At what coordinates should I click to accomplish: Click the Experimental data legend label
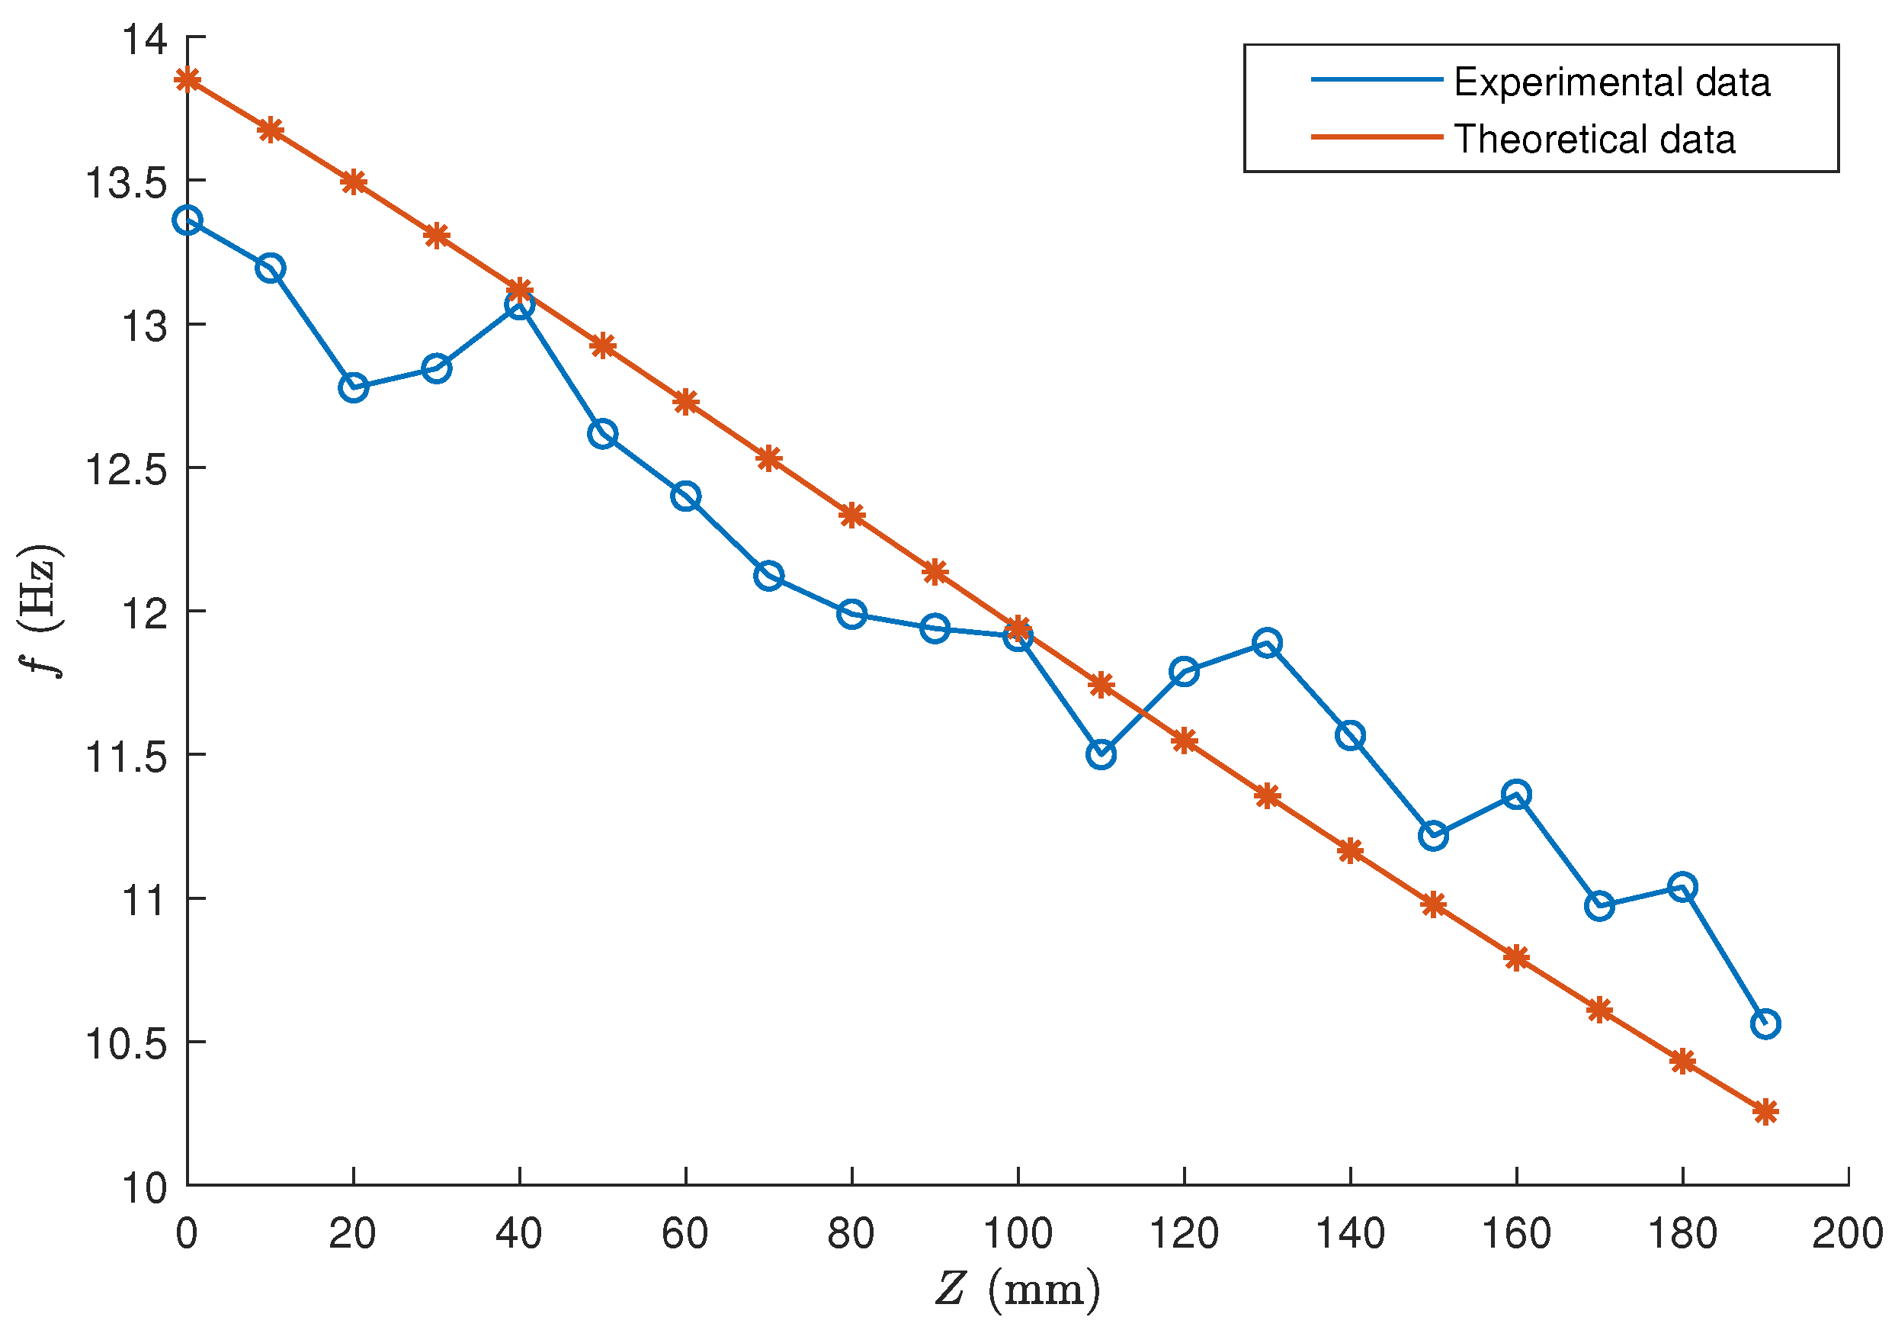coord(1611,82)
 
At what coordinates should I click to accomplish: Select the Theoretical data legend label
coord(1594,139)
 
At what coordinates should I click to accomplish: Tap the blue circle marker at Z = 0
coord(188,220)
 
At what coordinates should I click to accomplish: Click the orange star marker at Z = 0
coord(188,79)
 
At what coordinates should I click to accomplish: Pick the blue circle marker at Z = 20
coord(353,387)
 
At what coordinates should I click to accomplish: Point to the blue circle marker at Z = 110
coord(1101,753)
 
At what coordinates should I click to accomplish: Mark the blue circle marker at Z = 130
coord(1267,642)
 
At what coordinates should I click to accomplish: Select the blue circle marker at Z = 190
coord(1765,1023)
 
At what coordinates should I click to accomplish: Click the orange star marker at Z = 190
coord(1765,1112)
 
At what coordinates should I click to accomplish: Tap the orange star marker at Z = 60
coord(686,403)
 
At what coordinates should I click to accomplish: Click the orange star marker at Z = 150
coord(1434,904)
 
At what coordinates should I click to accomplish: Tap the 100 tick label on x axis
coord(1018,1234)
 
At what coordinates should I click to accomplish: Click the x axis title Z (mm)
coord(1018,1289)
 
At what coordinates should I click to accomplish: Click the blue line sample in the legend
coord(1377,80)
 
